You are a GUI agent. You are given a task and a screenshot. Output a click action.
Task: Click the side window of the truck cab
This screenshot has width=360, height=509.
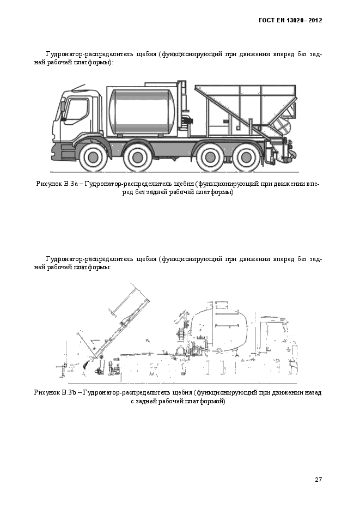click(76, 111)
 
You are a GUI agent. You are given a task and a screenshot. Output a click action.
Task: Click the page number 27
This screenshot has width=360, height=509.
click(319, 480)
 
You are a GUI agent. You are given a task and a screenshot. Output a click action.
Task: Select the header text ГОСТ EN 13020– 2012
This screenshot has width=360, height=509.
click(290, 21)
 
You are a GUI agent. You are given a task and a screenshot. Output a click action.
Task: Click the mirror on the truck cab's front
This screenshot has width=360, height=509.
click(63, 107)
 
